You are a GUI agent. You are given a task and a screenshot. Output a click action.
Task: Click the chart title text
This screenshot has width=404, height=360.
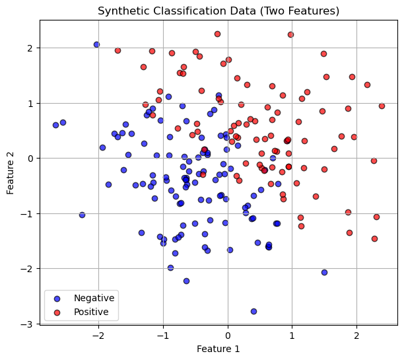pyautogui.click(x=218, y=11)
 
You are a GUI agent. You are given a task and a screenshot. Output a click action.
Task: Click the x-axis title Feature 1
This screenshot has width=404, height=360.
pyautogui.click(x=218, y=349)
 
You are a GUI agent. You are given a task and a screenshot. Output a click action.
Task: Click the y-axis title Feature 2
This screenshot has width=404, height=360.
pyautogui.click(x=11, y=172)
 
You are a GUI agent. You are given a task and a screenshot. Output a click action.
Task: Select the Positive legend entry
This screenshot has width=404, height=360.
pyautogui.click(x=92, y=311)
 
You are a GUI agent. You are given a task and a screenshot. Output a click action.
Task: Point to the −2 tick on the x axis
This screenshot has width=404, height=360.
pyautogui.click(x=98, y=335)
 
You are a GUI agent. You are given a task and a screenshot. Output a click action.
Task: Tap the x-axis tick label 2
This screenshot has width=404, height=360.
pyautogui.click(x=356, y=335)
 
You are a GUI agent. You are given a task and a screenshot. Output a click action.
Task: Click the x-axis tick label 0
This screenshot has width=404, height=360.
pyautogui.click(x=228, y=335)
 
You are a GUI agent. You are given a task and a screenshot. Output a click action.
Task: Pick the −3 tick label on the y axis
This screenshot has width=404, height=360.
pyautogui.click(x=29, y=324)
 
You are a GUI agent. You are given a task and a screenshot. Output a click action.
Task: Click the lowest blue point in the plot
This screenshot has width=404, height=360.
pyautogui.click(x=253, y=311)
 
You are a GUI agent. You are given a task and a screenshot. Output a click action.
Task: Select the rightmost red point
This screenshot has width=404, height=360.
pyautogui.click(x=382, y=106)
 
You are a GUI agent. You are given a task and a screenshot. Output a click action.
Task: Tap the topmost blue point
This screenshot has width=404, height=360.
pyautogui.click(x=96, y=44)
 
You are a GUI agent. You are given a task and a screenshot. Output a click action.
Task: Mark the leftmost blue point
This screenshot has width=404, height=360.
pyautogui.click(x=55, y=125)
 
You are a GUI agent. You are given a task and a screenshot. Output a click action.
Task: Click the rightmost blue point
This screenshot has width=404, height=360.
pyautogui.click(x=324, y=272)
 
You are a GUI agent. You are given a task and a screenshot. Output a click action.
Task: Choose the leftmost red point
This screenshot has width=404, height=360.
pyautogui.click(x=118, y=50)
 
